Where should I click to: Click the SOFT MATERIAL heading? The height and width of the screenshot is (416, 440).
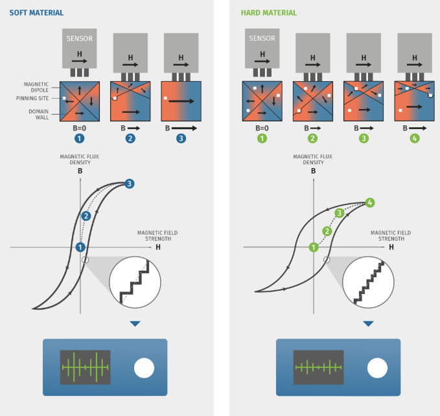pyautogui.click(x=36, y=13)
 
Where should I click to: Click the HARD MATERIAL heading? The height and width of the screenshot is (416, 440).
pyautogui.click(x=268, y=13)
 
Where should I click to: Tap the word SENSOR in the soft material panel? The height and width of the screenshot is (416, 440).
pyautogui.click(x=79, y=39)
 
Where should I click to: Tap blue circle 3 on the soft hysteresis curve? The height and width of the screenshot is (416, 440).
pyautogui.click(x=130, y=184)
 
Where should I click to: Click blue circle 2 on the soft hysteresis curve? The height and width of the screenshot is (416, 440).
pyautogui.click(x=86, y=215)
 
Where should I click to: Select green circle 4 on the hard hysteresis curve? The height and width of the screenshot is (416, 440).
pyautogui.click(x=370, y=202)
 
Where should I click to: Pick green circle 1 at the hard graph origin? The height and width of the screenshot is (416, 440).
pyautogui.click(x=314, y=247)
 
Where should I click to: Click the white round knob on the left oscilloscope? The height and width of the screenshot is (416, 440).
pyautogui.click(x=144, y=369)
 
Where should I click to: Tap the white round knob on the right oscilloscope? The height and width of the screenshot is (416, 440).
pyautogui.click(x=376, y=369)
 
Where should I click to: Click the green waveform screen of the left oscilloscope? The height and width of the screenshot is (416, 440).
pyautogui.click(x=85, y=367)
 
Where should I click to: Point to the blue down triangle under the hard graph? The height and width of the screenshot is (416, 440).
pyautogui.click(x=368, y=324)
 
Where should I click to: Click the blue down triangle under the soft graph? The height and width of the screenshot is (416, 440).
pyautogui.click(x=135, y=324)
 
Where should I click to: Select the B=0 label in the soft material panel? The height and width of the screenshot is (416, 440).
pyautogui.click(x=78, y=128)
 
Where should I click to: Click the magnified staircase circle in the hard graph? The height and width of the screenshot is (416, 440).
pyautogui.click(x=368, y=283)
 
